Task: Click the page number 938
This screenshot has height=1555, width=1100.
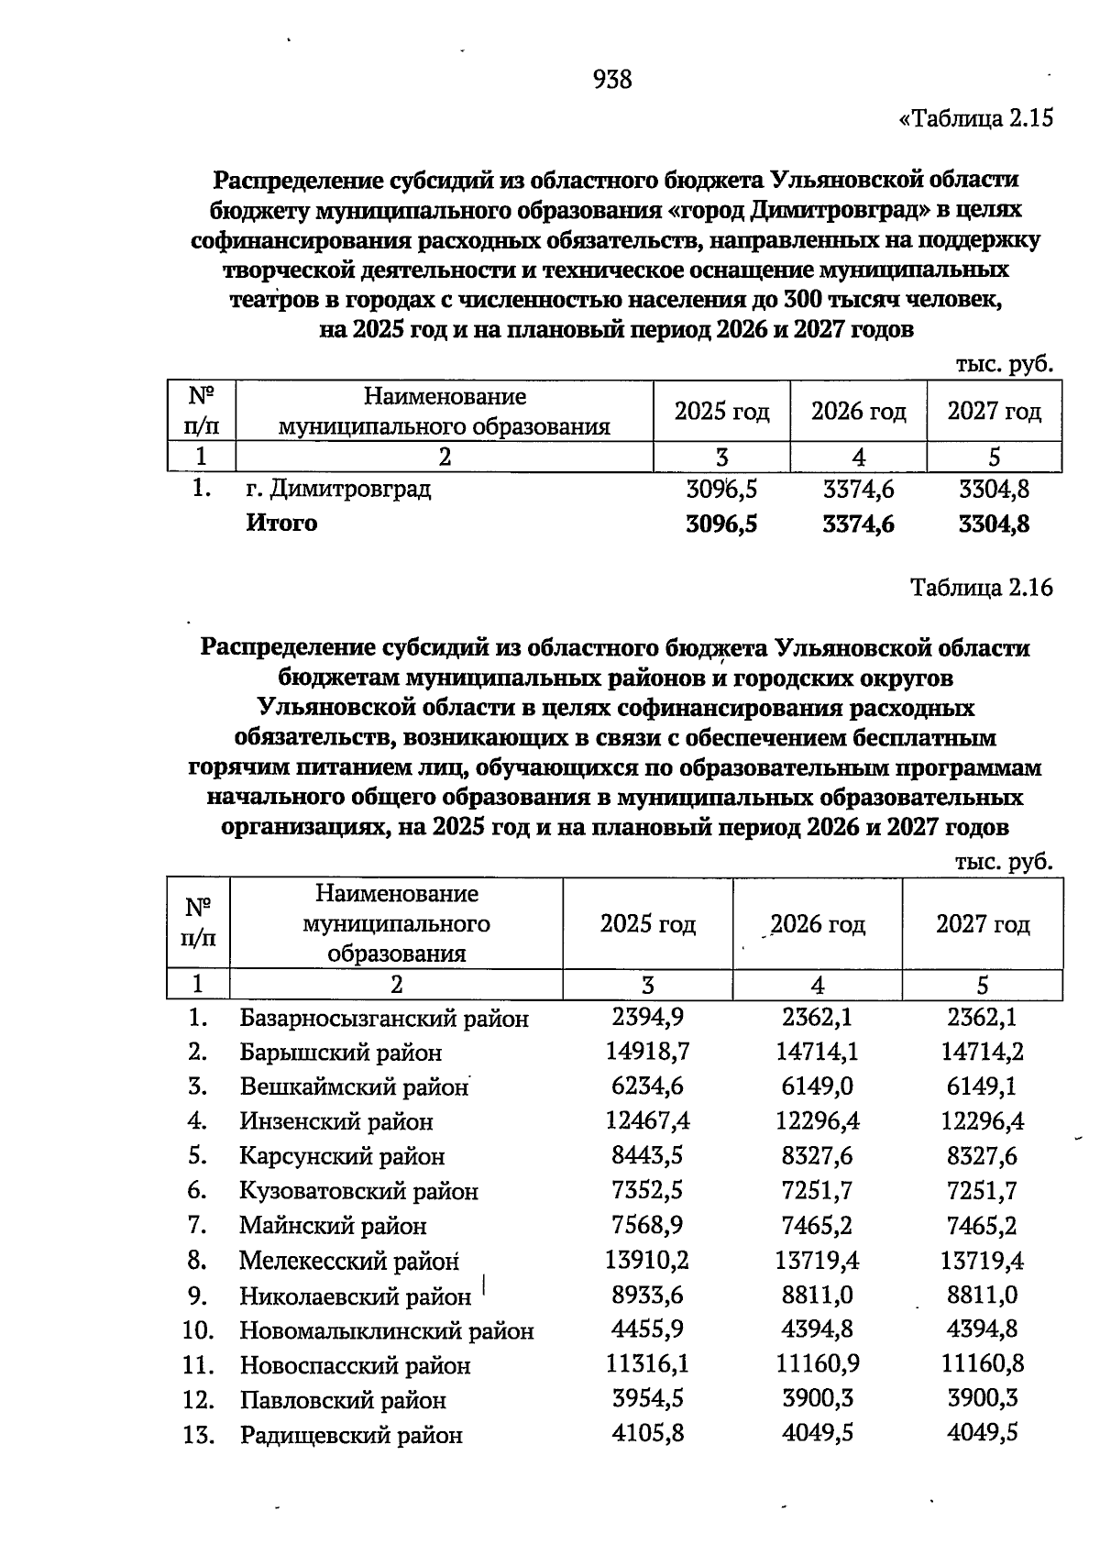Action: click(612, 80)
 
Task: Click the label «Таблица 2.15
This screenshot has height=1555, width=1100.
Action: click(976, 118)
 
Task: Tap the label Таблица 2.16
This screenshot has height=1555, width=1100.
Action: click(981, 588)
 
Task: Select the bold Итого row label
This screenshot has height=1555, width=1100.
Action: click(281, 524)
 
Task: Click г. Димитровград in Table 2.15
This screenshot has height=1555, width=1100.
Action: click(338, 489)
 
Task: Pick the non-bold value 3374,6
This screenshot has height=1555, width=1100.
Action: click(858, 490)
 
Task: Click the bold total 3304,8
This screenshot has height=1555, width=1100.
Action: click(994, 524)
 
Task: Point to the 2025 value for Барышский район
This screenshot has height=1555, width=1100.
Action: click(647, 1052)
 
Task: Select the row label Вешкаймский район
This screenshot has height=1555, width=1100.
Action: click(354, 1087)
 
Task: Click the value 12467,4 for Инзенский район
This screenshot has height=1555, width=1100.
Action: click(647, 1121)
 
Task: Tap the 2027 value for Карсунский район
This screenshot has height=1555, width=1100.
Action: click(982, 1156)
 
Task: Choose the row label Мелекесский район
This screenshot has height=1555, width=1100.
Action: click(348, 1262)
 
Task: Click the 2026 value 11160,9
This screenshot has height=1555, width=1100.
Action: click(817, 1364)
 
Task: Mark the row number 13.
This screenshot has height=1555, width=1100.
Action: click(198, 1435)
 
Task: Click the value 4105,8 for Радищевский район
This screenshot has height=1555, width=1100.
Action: click(647, 1433)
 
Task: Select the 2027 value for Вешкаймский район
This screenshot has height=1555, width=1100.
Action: click(982, 1086)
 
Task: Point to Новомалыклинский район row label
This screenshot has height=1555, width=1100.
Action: click(386, 1330)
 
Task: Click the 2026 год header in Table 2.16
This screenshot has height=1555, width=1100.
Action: click(817, 924)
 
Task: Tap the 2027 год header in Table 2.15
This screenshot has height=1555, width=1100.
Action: click(994, 412)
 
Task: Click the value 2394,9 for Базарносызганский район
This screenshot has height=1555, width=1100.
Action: click(647, 1017)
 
